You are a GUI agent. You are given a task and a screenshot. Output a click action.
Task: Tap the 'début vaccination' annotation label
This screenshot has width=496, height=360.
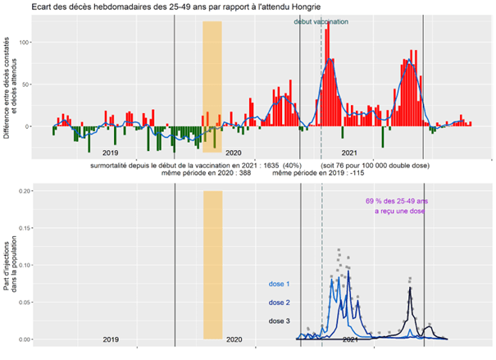click(x=321, y=22)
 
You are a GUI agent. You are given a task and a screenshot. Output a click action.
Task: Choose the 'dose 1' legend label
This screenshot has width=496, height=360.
click(x=280, y=285)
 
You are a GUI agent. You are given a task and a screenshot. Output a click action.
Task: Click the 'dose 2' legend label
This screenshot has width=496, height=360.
click(x=280, y=303)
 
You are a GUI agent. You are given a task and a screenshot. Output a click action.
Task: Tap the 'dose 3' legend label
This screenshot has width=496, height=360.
click(x=280, y=321)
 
